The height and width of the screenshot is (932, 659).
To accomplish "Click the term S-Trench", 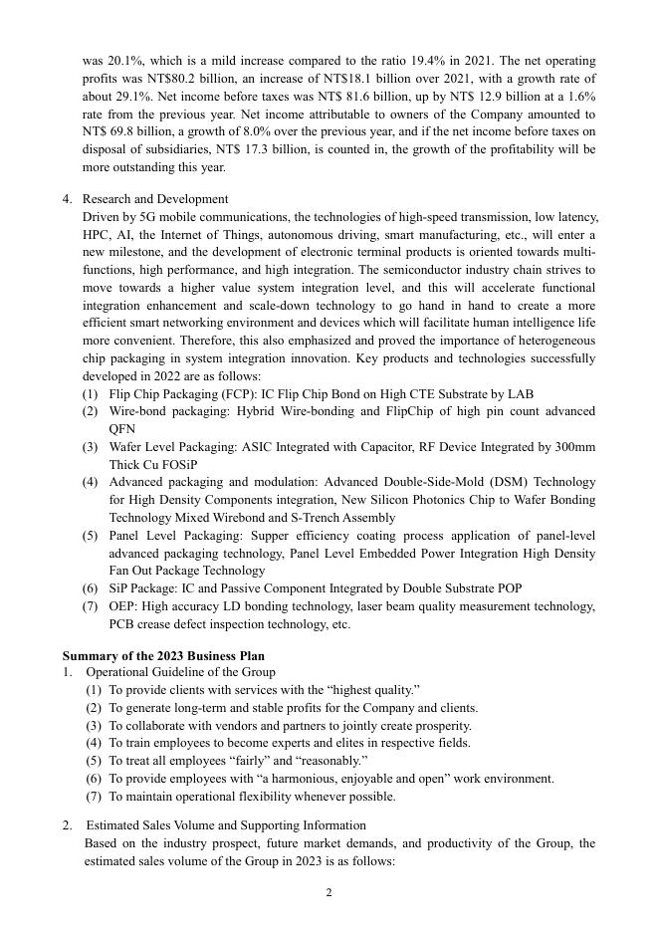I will (329, 518).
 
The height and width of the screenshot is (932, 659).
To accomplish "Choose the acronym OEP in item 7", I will (122, 606).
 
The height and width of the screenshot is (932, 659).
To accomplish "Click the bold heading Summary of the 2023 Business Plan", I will (163, 656).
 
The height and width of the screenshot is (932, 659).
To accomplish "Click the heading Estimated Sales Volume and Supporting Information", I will (225, 825).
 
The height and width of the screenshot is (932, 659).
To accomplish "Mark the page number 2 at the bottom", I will (329, 892).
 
